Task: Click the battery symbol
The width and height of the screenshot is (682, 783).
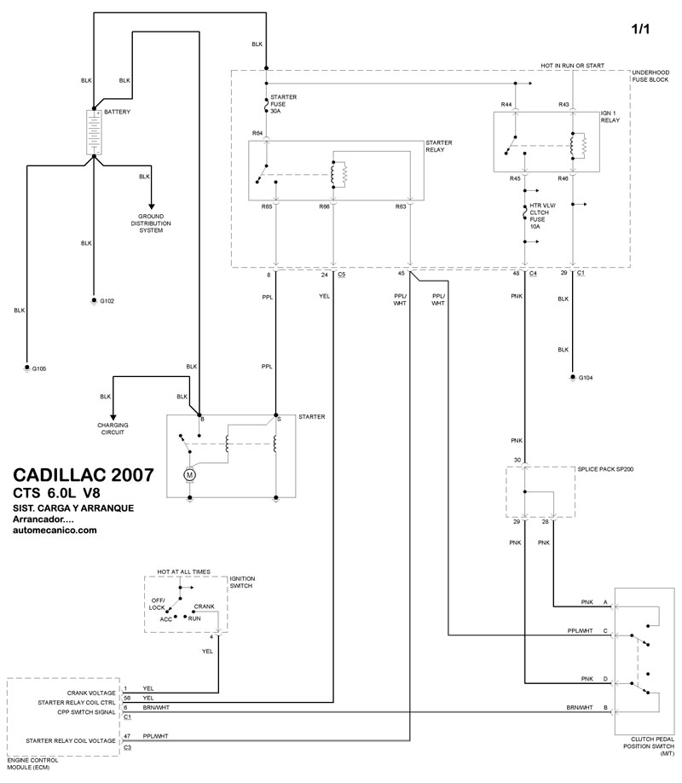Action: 92,132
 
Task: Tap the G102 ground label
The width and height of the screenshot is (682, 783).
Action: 107,302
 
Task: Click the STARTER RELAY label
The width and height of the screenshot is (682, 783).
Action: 439,146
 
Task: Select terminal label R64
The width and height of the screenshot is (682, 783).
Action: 257,133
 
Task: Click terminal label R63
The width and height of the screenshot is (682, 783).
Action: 401,206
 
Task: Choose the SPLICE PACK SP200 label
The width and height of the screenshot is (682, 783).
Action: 605,469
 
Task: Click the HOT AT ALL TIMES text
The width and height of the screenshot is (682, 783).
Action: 183,571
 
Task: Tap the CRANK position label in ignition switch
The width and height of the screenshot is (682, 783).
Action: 204,606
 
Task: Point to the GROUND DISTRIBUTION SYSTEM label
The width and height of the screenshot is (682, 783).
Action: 152,223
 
